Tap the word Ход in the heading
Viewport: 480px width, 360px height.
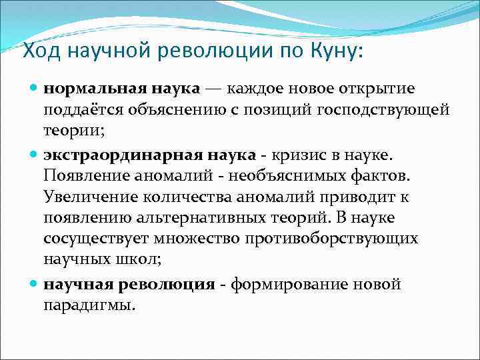(42, 50)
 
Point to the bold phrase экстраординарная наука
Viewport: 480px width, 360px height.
(149, 155)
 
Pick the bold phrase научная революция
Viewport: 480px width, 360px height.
(129, 285)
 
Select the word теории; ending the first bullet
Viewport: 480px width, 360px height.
(74, 131)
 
